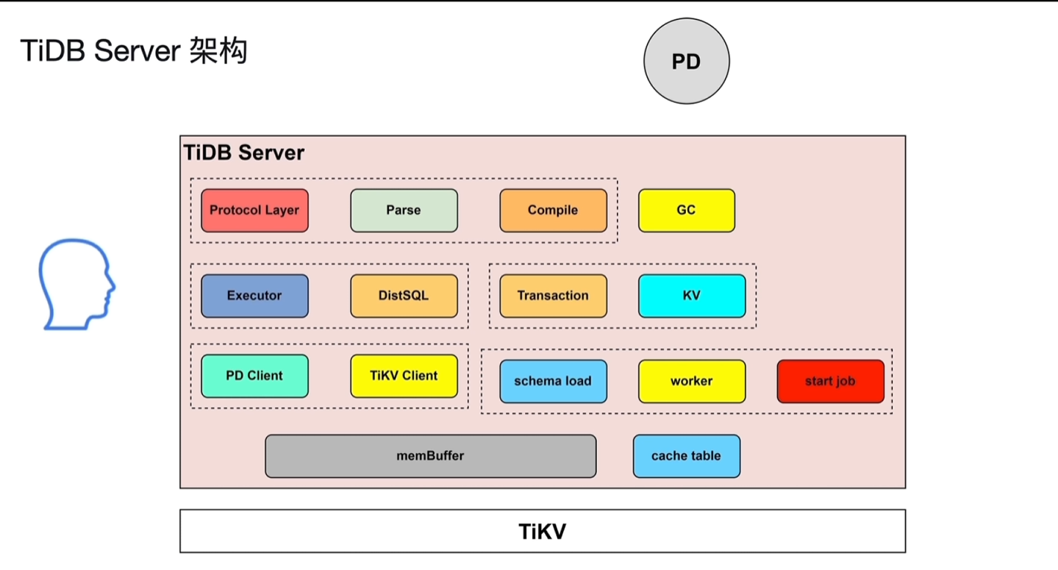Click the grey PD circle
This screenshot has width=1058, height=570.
coord(686,62)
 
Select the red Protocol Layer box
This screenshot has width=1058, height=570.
coord(254,210)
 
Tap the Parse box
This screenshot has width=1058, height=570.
coord(404,210)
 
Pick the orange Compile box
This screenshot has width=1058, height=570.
coord(553,210)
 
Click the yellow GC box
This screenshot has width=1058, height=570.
coord(686,210)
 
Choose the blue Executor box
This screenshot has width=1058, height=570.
coord(254,296)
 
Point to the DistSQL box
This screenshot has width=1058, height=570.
coord(404,296)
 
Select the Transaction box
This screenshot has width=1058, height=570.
coord(553,296)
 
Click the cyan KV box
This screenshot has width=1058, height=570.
coord(691,296)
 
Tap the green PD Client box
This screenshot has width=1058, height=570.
coord(254,376)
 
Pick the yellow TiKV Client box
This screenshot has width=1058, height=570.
coord(404,376)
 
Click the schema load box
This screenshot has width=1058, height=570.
coord(553,381)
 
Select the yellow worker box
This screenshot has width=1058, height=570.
coord(691,381)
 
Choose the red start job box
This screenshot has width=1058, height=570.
coord(830,381)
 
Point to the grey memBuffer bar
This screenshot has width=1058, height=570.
coord(430,456)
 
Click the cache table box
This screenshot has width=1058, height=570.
coord(686,456)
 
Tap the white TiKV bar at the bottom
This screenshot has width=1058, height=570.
coord(542,531)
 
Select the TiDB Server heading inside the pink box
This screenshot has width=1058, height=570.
coord(243,153)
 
